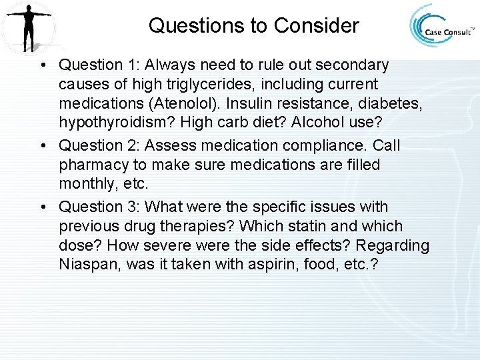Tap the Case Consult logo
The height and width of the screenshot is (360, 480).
pyautogui.click(x=440, y=27)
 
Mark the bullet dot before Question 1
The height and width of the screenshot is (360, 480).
pyautogui.click(x=42, y=66)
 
